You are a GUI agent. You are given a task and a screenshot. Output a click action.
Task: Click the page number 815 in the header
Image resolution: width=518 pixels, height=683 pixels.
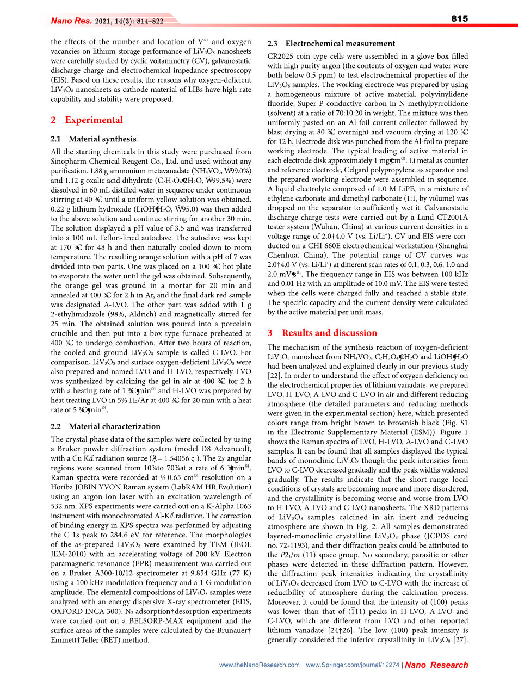(459, 19)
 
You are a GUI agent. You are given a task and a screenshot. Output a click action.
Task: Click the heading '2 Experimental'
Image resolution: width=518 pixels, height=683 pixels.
(87, 120)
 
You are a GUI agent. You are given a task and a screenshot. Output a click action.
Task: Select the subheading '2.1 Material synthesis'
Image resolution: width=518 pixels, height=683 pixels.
(94, 139)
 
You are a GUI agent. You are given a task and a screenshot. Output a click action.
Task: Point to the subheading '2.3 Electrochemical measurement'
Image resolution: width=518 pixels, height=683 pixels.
(331, 44)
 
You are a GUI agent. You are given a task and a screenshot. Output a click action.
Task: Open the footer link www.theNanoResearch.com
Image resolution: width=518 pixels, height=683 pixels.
(260, 665)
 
